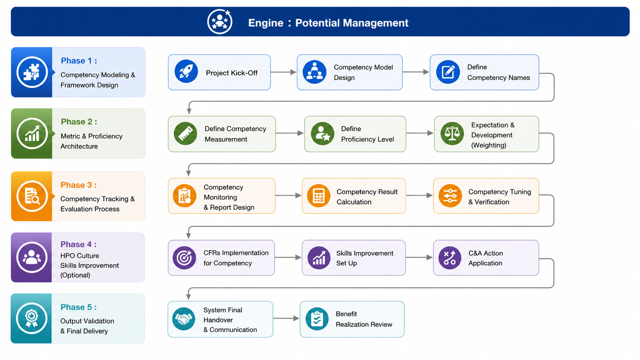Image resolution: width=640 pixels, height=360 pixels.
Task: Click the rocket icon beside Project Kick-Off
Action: pyautogui.click(x=186, y=72)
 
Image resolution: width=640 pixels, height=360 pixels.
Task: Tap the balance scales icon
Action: pyautogui.click(x=452, y=133)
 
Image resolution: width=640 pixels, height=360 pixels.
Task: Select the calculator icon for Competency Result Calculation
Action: pyautogui.click(x=318, y=196)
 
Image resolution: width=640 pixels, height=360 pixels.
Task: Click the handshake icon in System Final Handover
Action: pyautogui.click(x=184, y=319)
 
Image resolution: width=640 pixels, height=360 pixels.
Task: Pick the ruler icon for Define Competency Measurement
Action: pyautogui.click(x=185, y=133)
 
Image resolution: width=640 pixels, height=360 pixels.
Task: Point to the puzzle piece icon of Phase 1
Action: pyautogui.click(x=32, y=72)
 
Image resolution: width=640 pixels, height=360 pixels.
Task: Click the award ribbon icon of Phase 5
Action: pyautogui.click(x=31, y=318)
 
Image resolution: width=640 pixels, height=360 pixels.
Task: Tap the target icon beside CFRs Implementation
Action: pyautogui.click(x=184, y=258)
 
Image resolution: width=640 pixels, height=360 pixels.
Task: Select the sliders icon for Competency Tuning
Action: pyautogui.click(x=450, y=196)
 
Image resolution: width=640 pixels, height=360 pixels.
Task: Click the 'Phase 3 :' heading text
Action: pyautogui.click(x=78, y=185)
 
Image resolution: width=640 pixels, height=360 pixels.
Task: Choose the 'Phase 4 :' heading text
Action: pyautogui.click(x=78, y=244)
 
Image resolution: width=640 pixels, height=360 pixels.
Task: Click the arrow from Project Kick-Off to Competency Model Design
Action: pyautogui.click(x=283, y=72)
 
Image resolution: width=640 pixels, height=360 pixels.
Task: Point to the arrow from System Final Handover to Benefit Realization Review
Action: pyautogui.click(x=286, y=318)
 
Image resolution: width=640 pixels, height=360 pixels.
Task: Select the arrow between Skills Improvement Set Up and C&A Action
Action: pyautogui.click(x=419, y=257)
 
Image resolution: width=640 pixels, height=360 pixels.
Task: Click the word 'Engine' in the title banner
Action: pyautogui.click(x=266, y=23)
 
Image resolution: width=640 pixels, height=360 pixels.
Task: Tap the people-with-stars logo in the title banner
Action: pyautogui.click(x=220, y=22)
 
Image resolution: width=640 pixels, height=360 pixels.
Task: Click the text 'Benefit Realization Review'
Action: pyautogui.click(x=364, y=319)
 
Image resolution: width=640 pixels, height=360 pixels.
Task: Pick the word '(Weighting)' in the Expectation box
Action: pyautogui.click(x=488, y=145)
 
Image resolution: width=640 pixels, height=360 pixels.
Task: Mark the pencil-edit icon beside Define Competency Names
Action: pyautogui.click(x=448, y=72)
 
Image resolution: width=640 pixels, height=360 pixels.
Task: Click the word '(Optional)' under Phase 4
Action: pyautogui.click(x=75, y=275)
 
